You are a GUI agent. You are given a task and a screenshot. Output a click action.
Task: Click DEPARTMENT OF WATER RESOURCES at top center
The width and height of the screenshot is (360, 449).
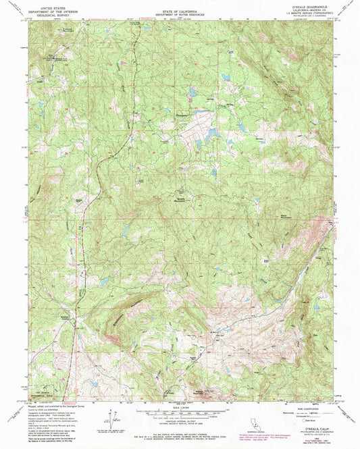pyautogui.click(x=180, y=16)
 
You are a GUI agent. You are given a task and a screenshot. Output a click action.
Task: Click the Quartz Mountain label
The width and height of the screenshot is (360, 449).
pyautogui.click(x=183, y=200)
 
